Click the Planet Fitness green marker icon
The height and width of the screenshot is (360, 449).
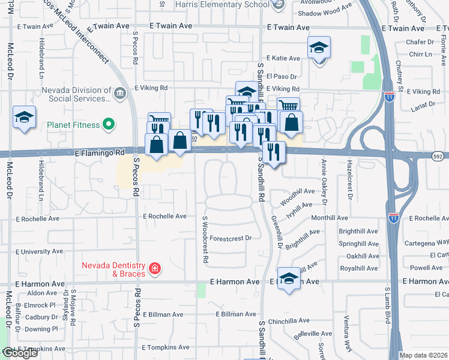point(108,125)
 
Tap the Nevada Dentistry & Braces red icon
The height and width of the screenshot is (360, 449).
point(155,268)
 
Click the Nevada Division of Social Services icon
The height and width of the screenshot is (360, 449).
point(119,93)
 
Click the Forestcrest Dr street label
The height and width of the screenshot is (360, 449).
point(231,238)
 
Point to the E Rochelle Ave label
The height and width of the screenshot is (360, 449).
point(164,216)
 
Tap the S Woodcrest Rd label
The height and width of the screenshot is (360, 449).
point(205,240)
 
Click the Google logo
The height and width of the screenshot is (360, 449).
point(19,353)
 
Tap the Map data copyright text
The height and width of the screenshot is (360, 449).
point(423,355)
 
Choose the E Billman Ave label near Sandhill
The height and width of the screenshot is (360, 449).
point(237,314)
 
